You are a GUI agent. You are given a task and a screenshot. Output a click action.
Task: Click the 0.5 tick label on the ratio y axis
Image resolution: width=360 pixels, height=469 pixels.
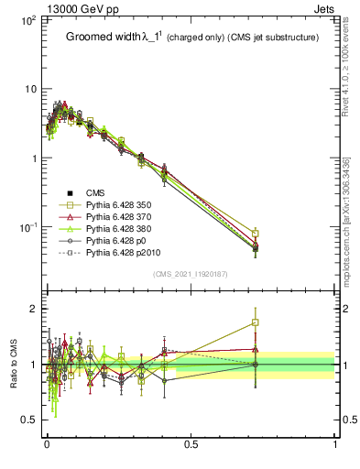27,420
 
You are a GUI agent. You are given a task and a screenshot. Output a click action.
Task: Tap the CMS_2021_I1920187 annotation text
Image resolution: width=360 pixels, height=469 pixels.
191,274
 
